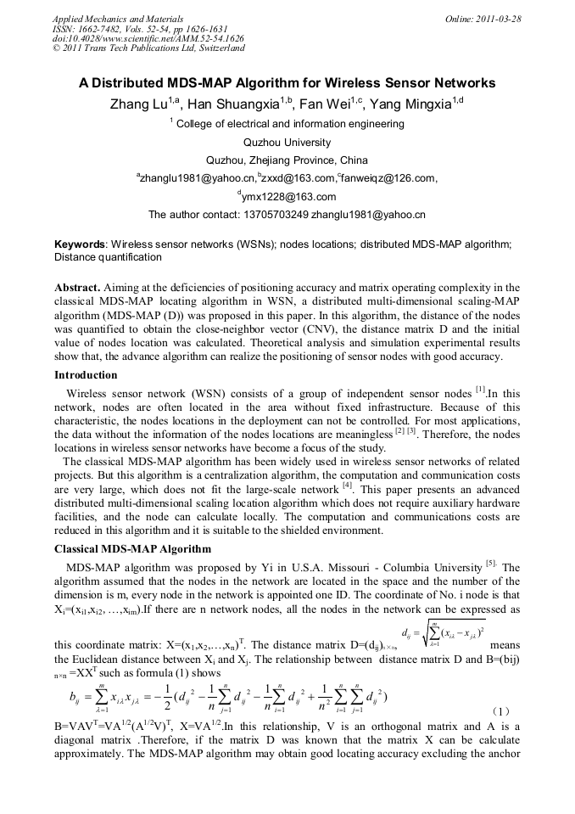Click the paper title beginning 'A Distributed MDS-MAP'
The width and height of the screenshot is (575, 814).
[x=287, y=83]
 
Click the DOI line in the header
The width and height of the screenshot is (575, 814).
[x=148, y=38]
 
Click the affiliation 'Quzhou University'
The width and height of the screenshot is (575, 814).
[x=287, y=142]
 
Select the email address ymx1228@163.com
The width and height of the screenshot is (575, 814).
[x=290, y=197]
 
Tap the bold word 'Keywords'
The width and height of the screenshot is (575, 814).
[x=80, y=244]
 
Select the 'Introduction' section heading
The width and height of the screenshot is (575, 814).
[x=86, y=374]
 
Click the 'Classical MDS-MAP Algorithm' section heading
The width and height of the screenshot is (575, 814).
[x=132, y=549]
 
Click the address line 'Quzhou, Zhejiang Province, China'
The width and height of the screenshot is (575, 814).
[x=287, y=160]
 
